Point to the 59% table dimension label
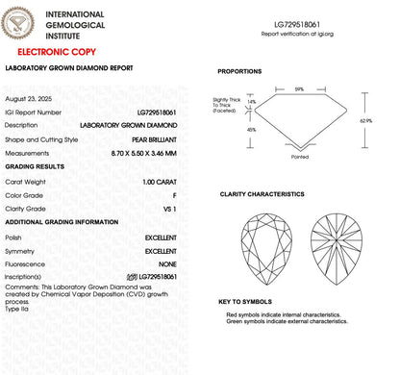tap(300, 88)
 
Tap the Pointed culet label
tap(300, 159)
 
